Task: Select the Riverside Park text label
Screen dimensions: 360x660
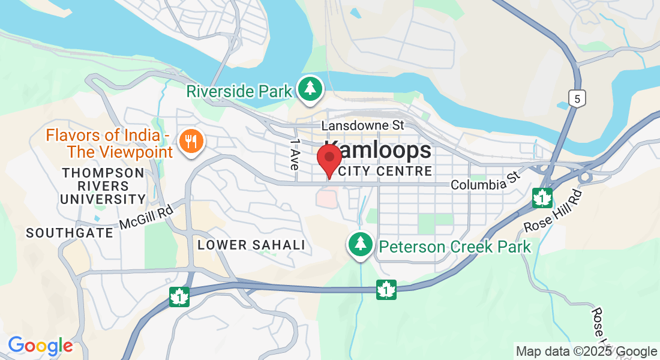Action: pos(239,91)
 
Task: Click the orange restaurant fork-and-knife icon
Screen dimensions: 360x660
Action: pos(192,142)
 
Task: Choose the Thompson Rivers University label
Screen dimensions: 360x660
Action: pos(104,185)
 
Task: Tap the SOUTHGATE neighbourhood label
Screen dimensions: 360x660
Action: pos(69,233)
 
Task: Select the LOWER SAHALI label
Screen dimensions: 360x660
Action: pos(251,245)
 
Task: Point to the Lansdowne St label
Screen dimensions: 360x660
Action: pos(363,125)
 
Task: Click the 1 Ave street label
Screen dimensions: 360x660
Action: pos(294,155)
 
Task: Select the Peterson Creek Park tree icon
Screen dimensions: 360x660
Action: pos(360,244)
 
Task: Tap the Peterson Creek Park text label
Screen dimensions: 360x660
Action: pos(455,247)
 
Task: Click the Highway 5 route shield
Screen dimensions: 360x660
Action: pos(576,100)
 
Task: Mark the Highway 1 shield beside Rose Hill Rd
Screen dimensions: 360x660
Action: pos(542,198)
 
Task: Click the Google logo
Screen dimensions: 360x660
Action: pos(40,346)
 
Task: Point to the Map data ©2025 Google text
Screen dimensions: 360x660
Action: pos(587,352)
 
